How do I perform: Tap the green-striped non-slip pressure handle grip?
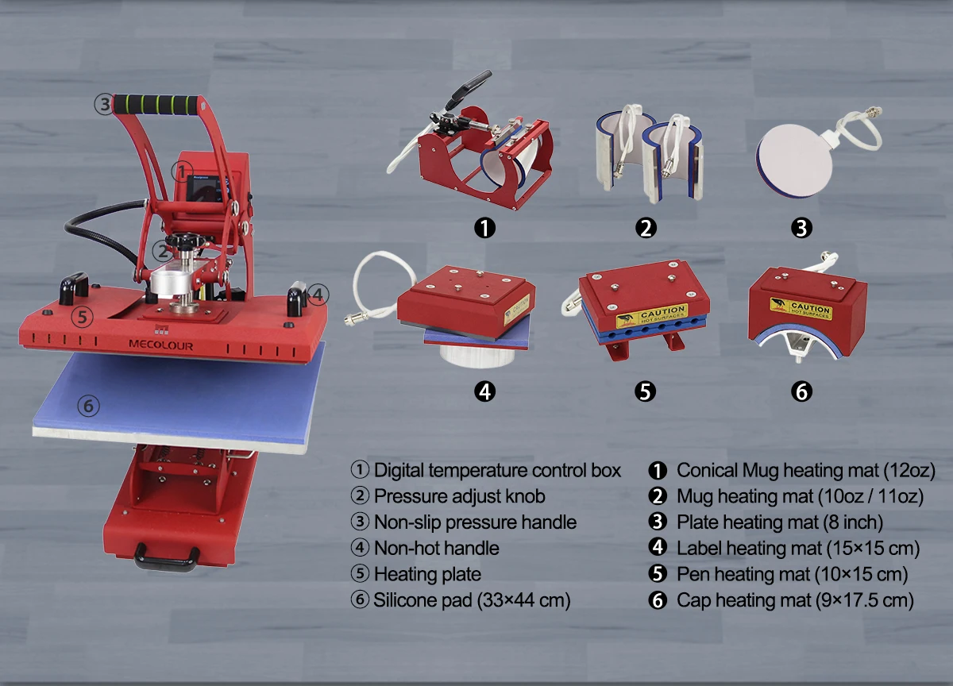point(156,104)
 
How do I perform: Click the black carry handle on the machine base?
point(166,557)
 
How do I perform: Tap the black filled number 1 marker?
point(484,229)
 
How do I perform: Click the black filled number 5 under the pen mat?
point(646,391)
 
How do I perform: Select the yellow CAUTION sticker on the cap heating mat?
point(800,308)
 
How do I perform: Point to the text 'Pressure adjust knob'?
point(460,496)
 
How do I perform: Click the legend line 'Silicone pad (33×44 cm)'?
point(472,600)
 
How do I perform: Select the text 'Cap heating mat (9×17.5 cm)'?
point(795,600)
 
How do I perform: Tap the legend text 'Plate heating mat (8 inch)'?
point(780,522)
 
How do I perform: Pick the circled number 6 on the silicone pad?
point(88,407)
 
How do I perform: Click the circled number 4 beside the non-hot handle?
point(317,295)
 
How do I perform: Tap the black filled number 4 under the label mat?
point(484,391)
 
